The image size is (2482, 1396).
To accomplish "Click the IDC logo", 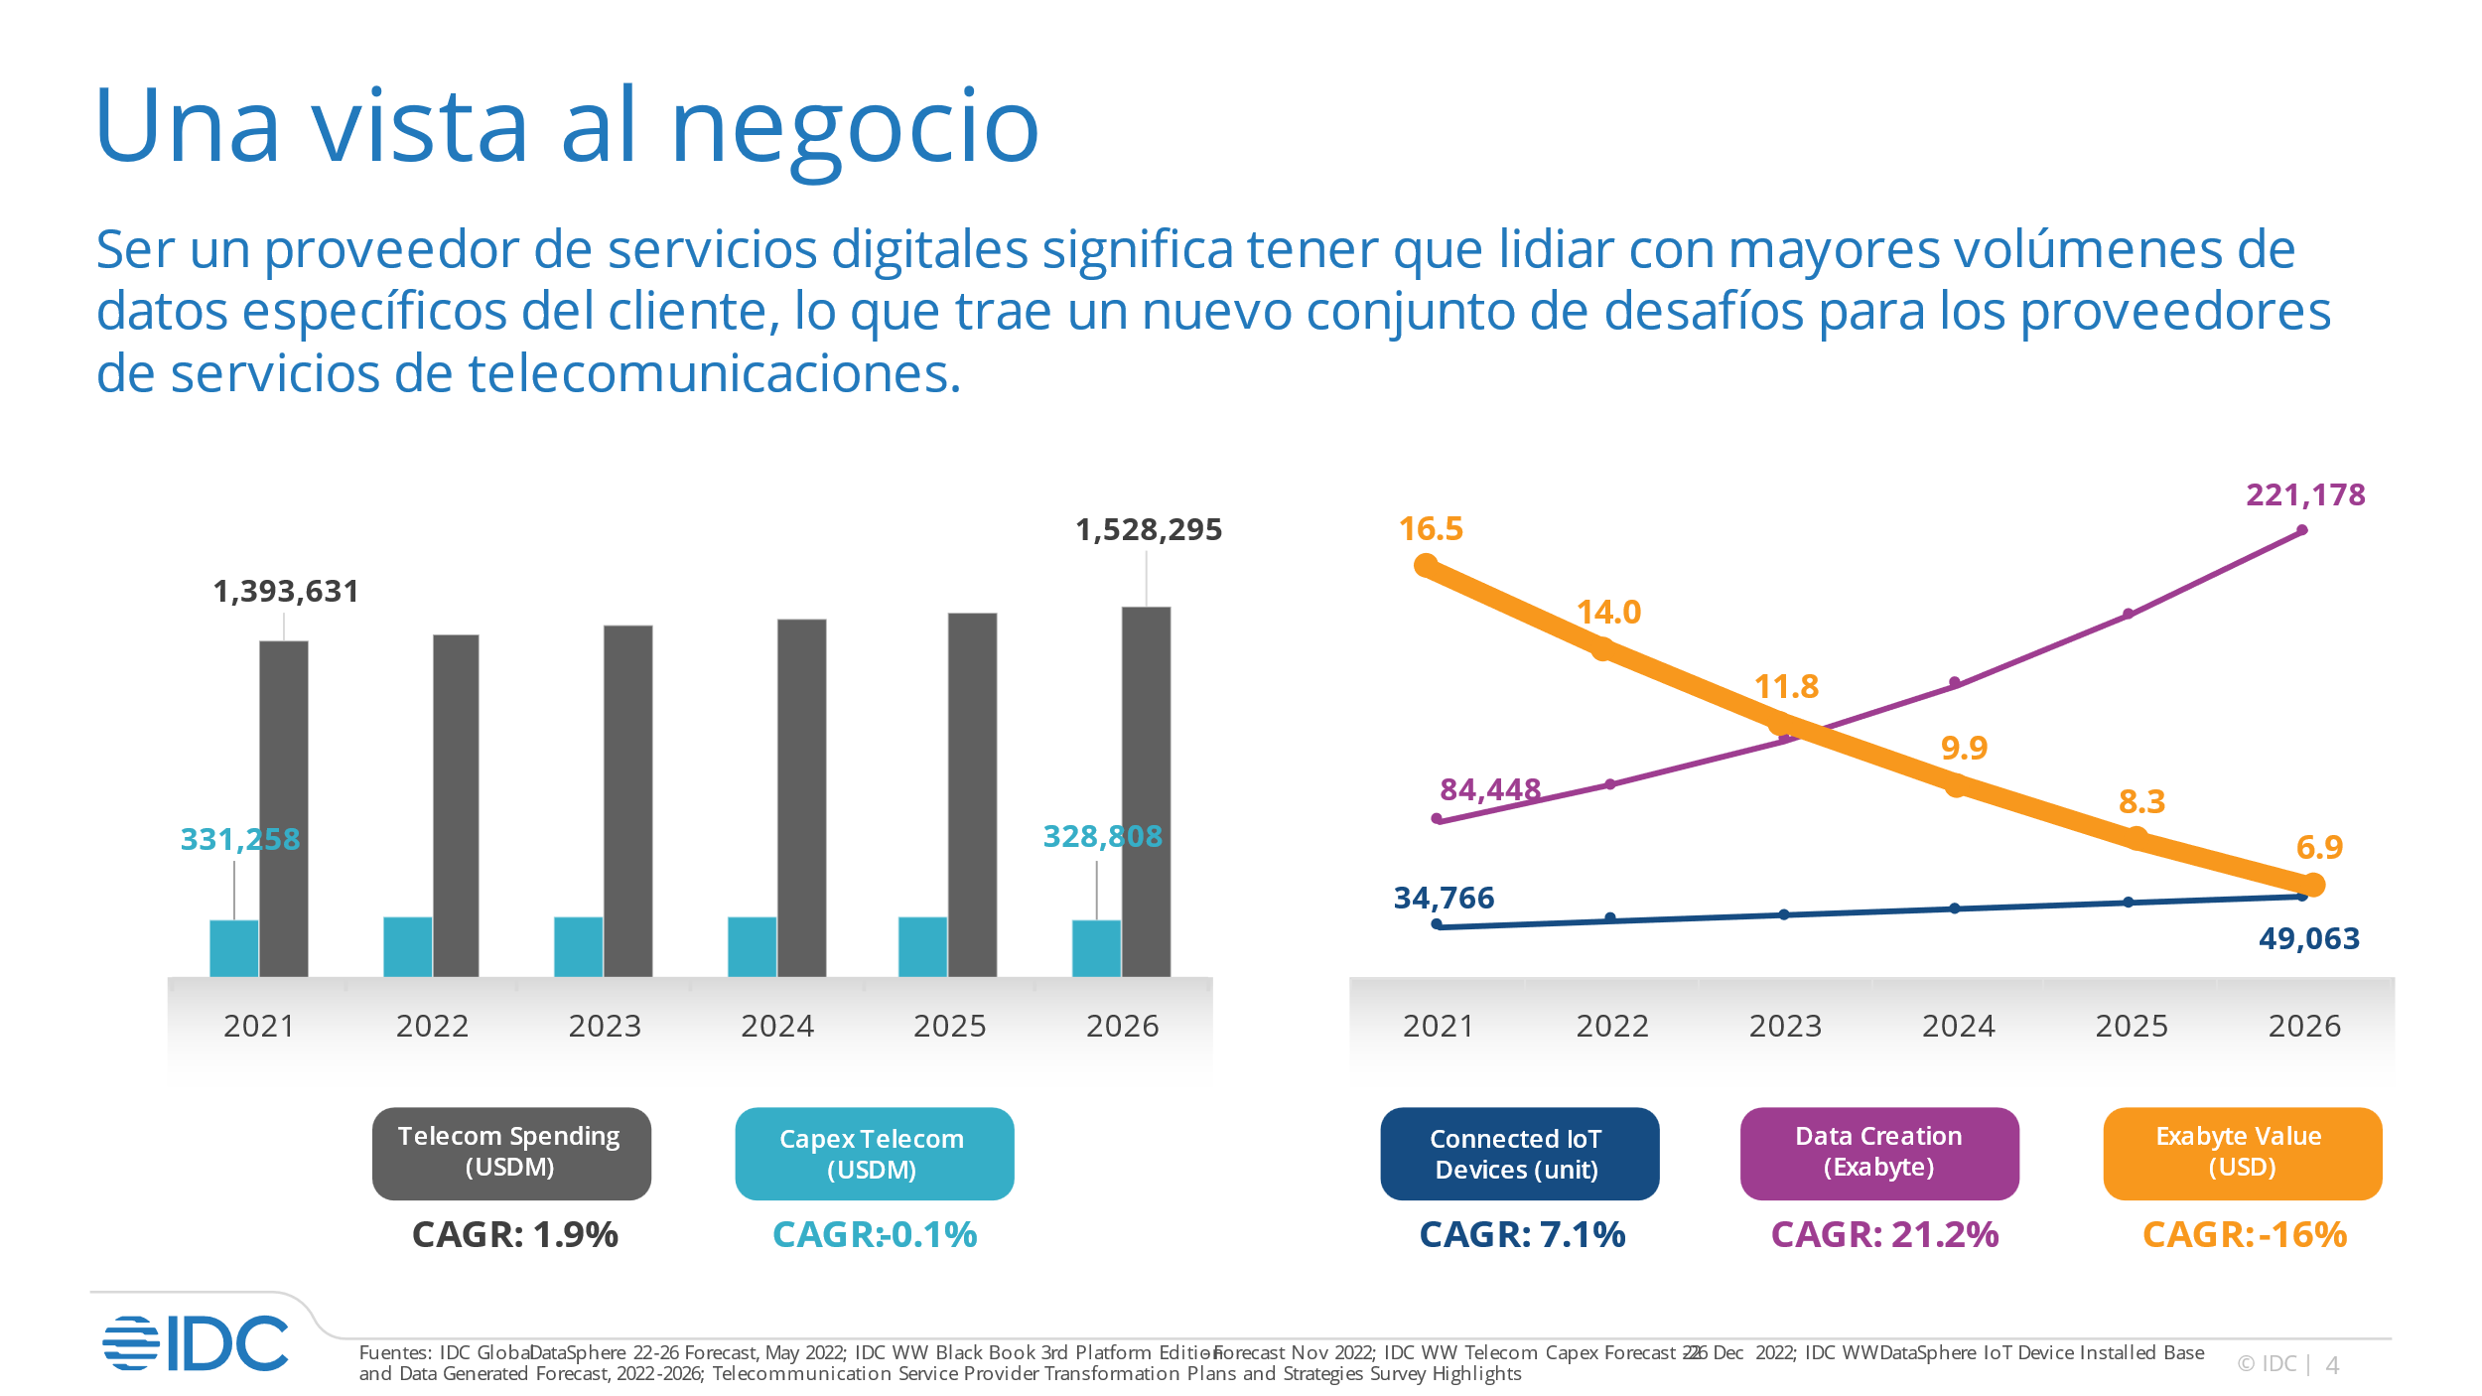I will tap(196, 1343).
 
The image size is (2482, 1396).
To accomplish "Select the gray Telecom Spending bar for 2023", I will tap(627, 800).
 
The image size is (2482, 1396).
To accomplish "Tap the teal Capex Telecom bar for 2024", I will tap(752, 946).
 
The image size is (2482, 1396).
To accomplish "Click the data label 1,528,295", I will tap(1149, 530).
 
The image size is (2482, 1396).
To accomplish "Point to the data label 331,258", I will tap(239, 839).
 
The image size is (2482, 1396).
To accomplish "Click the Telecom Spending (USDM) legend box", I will tap(510, 1152).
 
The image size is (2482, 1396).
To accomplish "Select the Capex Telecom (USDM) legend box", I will tap(874, 1153).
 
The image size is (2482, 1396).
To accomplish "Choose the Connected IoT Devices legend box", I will tap(1518, 1153).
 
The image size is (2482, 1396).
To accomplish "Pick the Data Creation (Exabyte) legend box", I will tap(1878, 1152).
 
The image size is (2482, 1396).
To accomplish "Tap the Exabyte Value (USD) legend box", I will tap(2241, 1152).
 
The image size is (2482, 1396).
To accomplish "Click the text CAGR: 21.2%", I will tap(1884, 1234).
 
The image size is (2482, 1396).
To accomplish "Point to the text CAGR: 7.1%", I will tap(1522, 1234).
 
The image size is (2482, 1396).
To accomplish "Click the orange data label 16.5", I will tap(1431, 529).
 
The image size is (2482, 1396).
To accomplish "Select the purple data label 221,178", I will tap(2305, 494).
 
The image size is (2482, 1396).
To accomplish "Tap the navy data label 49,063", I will tap(2308, 938).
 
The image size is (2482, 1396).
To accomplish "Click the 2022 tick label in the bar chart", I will tap(432, 1026).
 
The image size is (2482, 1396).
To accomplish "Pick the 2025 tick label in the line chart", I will tap(2131, 1026).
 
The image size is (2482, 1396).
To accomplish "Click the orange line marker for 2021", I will tap(1426, 566).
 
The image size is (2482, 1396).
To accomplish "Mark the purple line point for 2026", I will tap(2302, 530).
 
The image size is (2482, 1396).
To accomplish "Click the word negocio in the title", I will tap(855, 127).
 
